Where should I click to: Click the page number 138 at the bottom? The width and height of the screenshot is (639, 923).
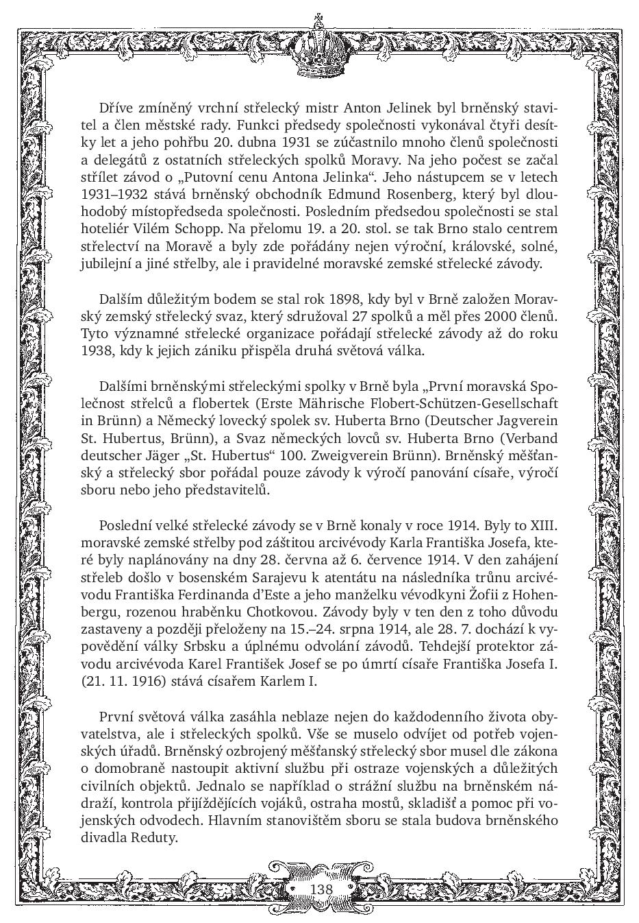(321, 889)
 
